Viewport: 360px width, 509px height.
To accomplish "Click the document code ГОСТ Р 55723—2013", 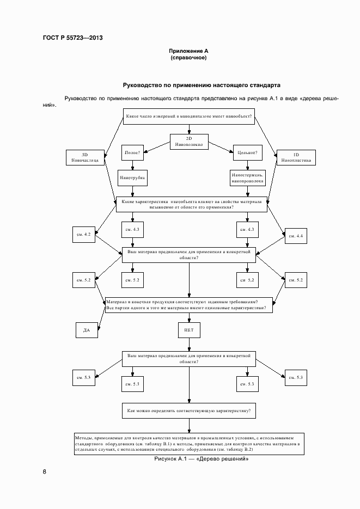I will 72,38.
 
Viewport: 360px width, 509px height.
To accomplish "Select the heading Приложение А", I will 188,51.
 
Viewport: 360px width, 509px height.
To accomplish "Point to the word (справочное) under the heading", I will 188,58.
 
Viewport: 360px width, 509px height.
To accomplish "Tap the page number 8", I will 44,471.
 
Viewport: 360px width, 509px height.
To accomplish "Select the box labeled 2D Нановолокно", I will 189,142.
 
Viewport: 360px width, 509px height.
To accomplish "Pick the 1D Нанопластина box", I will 294,157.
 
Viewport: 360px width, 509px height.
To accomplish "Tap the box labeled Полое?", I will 132,153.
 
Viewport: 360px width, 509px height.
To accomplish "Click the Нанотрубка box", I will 132,177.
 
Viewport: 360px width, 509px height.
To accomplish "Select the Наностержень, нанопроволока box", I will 247,177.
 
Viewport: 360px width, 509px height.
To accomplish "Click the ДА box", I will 86,330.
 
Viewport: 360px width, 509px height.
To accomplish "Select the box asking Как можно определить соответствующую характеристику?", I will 188,410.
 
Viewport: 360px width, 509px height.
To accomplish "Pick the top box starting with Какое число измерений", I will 188,116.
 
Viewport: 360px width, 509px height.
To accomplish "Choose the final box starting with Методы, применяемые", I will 188,444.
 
